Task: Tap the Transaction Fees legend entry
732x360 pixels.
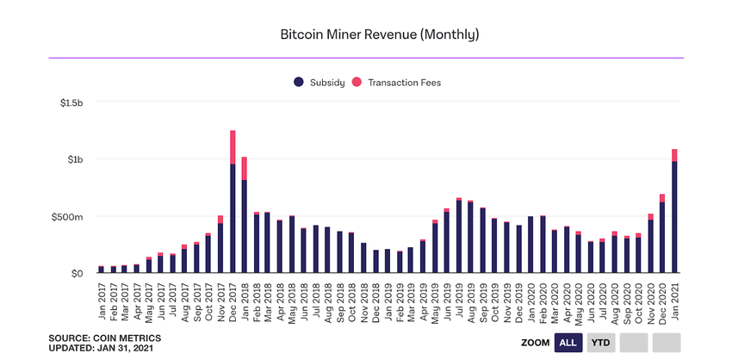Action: click(404, 83)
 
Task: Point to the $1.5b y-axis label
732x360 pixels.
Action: click(71, 102)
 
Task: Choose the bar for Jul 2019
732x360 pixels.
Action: click(459, 236)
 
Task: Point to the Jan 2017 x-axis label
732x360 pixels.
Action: click(102, 298)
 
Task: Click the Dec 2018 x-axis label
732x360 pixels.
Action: click(376, 298)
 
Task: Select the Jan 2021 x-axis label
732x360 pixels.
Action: click(675, 298)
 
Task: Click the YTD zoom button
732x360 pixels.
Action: click(600, 343)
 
